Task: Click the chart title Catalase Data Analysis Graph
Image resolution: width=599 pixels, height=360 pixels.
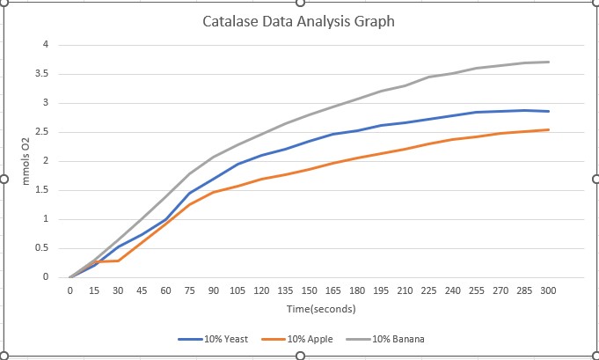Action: (299, 20)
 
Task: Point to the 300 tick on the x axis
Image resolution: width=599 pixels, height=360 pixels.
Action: (548, 290)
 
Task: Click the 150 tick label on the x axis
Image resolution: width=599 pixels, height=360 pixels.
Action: (309, 290)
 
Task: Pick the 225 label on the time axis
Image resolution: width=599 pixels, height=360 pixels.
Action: (428, 290)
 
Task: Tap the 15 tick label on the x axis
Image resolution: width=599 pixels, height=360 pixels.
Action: (93, 290)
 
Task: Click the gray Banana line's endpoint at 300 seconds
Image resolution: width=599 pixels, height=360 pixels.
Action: (548, 62)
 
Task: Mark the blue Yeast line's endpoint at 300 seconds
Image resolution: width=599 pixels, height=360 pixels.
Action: (548, 111)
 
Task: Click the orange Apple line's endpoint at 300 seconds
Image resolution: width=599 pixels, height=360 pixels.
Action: (548, 129)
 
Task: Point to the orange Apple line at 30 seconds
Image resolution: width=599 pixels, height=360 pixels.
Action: (118, 261)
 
